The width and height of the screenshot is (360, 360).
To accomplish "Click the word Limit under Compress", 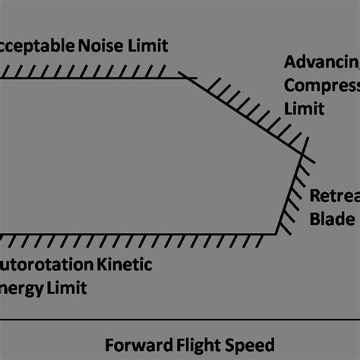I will point(304,109).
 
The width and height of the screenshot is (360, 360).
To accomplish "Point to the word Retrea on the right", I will point(334,196).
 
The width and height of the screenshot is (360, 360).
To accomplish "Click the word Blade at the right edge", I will point(332,219).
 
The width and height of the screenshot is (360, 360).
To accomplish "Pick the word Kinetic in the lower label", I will point(126,265).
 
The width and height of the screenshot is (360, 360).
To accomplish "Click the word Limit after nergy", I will point(68,288).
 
